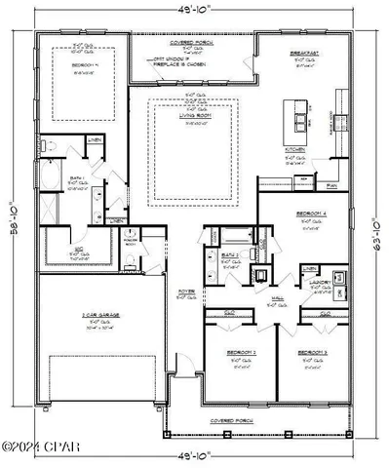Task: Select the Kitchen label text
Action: (x=295, y=150)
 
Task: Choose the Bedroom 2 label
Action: (x=241, y=351)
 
